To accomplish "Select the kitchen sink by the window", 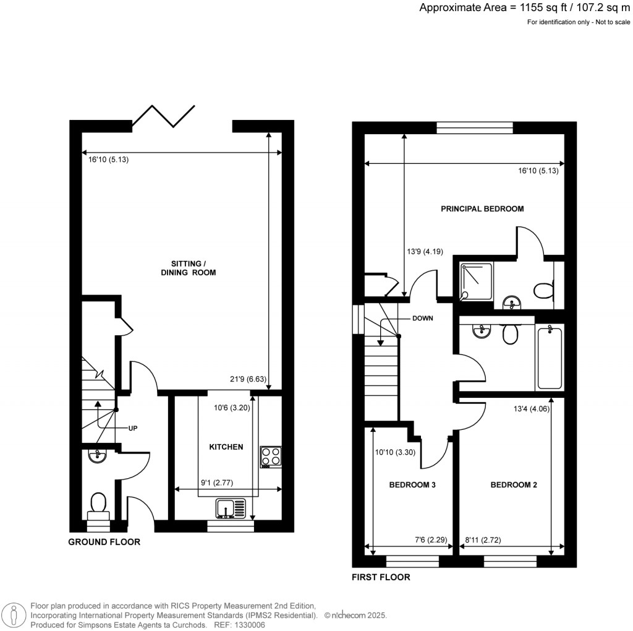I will pos(230,509).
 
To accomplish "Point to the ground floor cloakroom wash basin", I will pos(97,457).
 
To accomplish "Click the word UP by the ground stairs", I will pos(134,428).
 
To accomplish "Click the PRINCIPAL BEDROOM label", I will pos(482,208).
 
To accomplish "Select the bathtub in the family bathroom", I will pos(549,358).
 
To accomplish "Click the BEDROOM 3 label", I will pos(412,485).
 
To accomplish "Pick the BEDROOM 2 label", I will pos(513,485).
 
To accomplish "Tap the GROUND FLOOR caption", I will pos(104,542).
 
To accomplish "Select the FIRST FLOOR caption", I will pos(381,577).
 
